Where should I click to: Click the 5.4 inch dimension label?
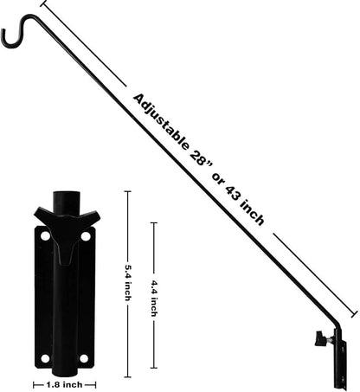pos(128,284)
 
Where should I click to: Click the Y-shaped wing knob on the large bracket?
pos(67,227)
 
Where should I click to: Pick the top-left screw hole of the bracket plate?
pos(44,235)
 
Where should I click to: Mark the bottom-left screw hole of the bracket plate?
pos(44,357)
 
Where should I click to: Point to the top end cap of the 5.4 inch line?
pos(128,192)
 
